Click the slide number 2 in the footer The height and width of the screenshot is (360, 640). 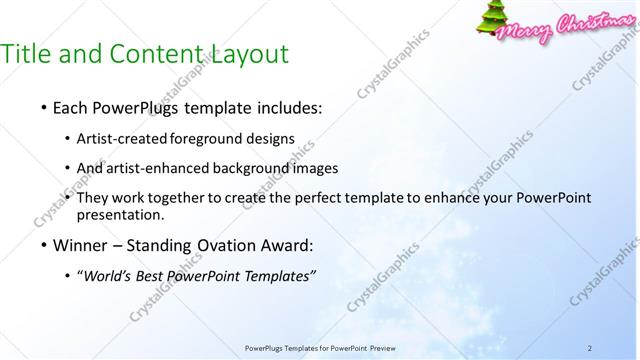pos(591,348)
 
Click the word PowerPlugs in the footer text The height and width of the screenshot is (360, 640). pos(266,348)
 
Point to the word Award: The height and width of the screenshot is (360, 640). pos(292,245)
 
